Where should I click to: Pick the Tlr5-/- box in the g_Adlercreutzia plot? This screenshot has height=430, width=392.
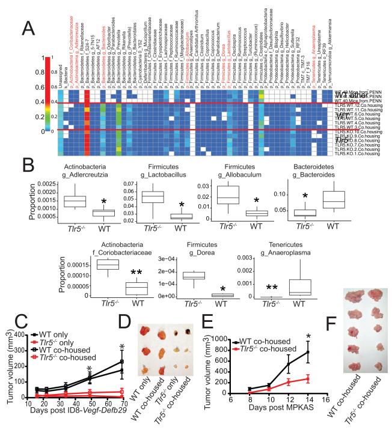77,201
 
